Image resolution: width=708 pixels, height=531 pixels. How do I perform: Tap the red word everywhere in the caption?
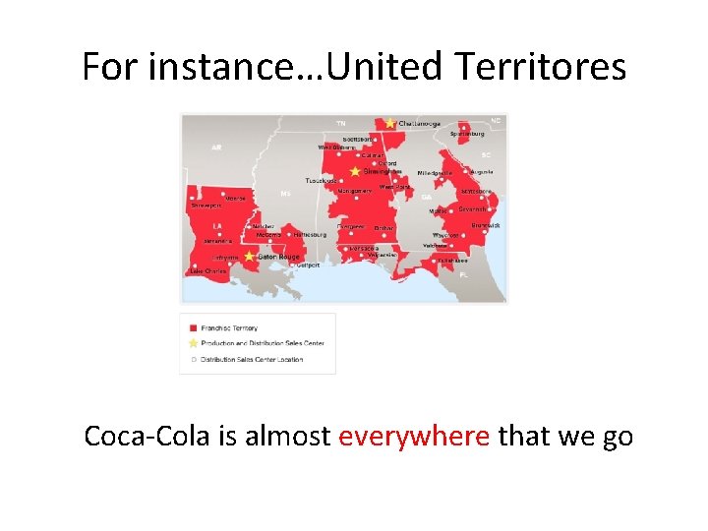point(414,435)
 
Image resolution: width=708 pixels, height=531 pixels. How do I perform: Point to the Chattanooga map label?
point(420,124)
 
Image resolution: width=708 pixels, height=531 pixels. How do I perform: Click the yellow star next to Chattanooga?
point(390,123)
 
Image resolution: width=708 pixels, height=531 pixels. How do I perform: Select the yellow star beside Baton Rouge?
point(250,256)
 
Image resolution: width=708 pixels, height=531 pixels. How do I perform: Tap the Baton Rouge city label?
point(278,257)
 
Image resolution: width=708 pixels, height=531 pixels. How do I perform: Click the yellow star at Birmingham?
point(355,171)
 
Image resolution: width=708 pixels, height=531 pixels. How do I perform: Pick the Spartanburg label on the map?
point(467,134)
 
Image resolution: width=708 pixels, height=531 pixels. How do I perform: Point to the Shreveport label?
point(206,206)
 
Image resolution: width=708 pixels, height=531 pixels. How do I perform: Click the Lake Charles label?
point(208,270)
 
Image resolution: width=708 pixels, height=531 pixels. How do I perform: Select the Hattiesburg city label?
point(309,235)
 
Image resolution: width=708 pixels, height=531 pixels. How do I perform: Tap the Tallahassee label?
point(452,261)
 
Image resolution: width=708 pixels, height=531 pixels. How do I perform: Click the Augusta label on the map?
point(481,171)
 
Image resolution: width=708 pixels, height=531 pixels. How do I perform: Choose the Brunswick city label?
point(485,225)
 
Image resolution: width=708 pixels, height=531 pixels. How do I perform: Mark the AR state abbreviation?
point(215,148)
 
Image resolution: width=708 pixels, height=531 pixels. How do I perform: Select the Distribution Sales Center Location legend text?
point(252,360)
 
